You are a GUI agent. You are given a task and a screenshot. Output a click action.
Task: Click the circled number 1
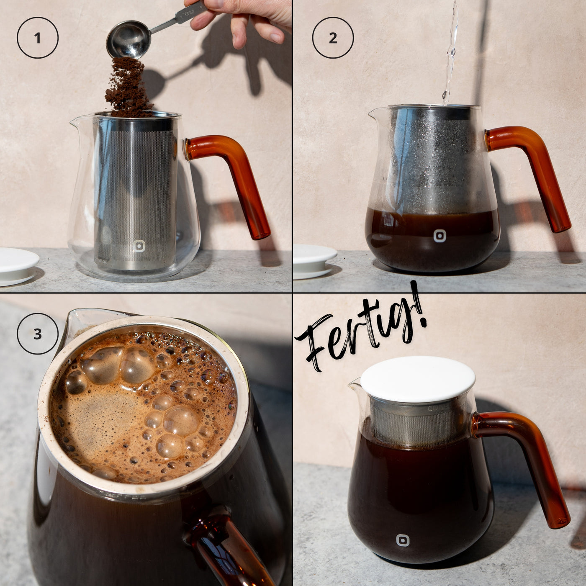point(37,38)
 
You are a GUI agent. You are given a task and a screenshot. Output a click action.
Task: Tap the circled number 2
point(333,38)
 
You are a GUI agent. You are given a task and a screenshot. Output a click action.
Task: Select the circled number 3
point(37,334)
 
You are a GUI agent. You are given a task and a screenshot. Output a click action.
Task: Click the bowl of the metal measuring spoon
point(129,39)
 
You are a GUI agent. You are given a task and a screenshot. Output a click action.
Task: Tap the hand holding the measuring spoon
point(240,20)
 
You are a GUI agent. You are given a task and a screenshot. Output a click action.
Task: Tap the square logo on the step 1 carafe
point(139,246)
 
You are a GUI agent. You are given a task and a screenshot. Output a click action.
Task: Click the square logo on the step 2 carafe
point(440,236)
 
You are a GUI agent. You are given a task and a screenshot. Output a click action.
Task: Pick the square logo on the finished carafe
point(403,540)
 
